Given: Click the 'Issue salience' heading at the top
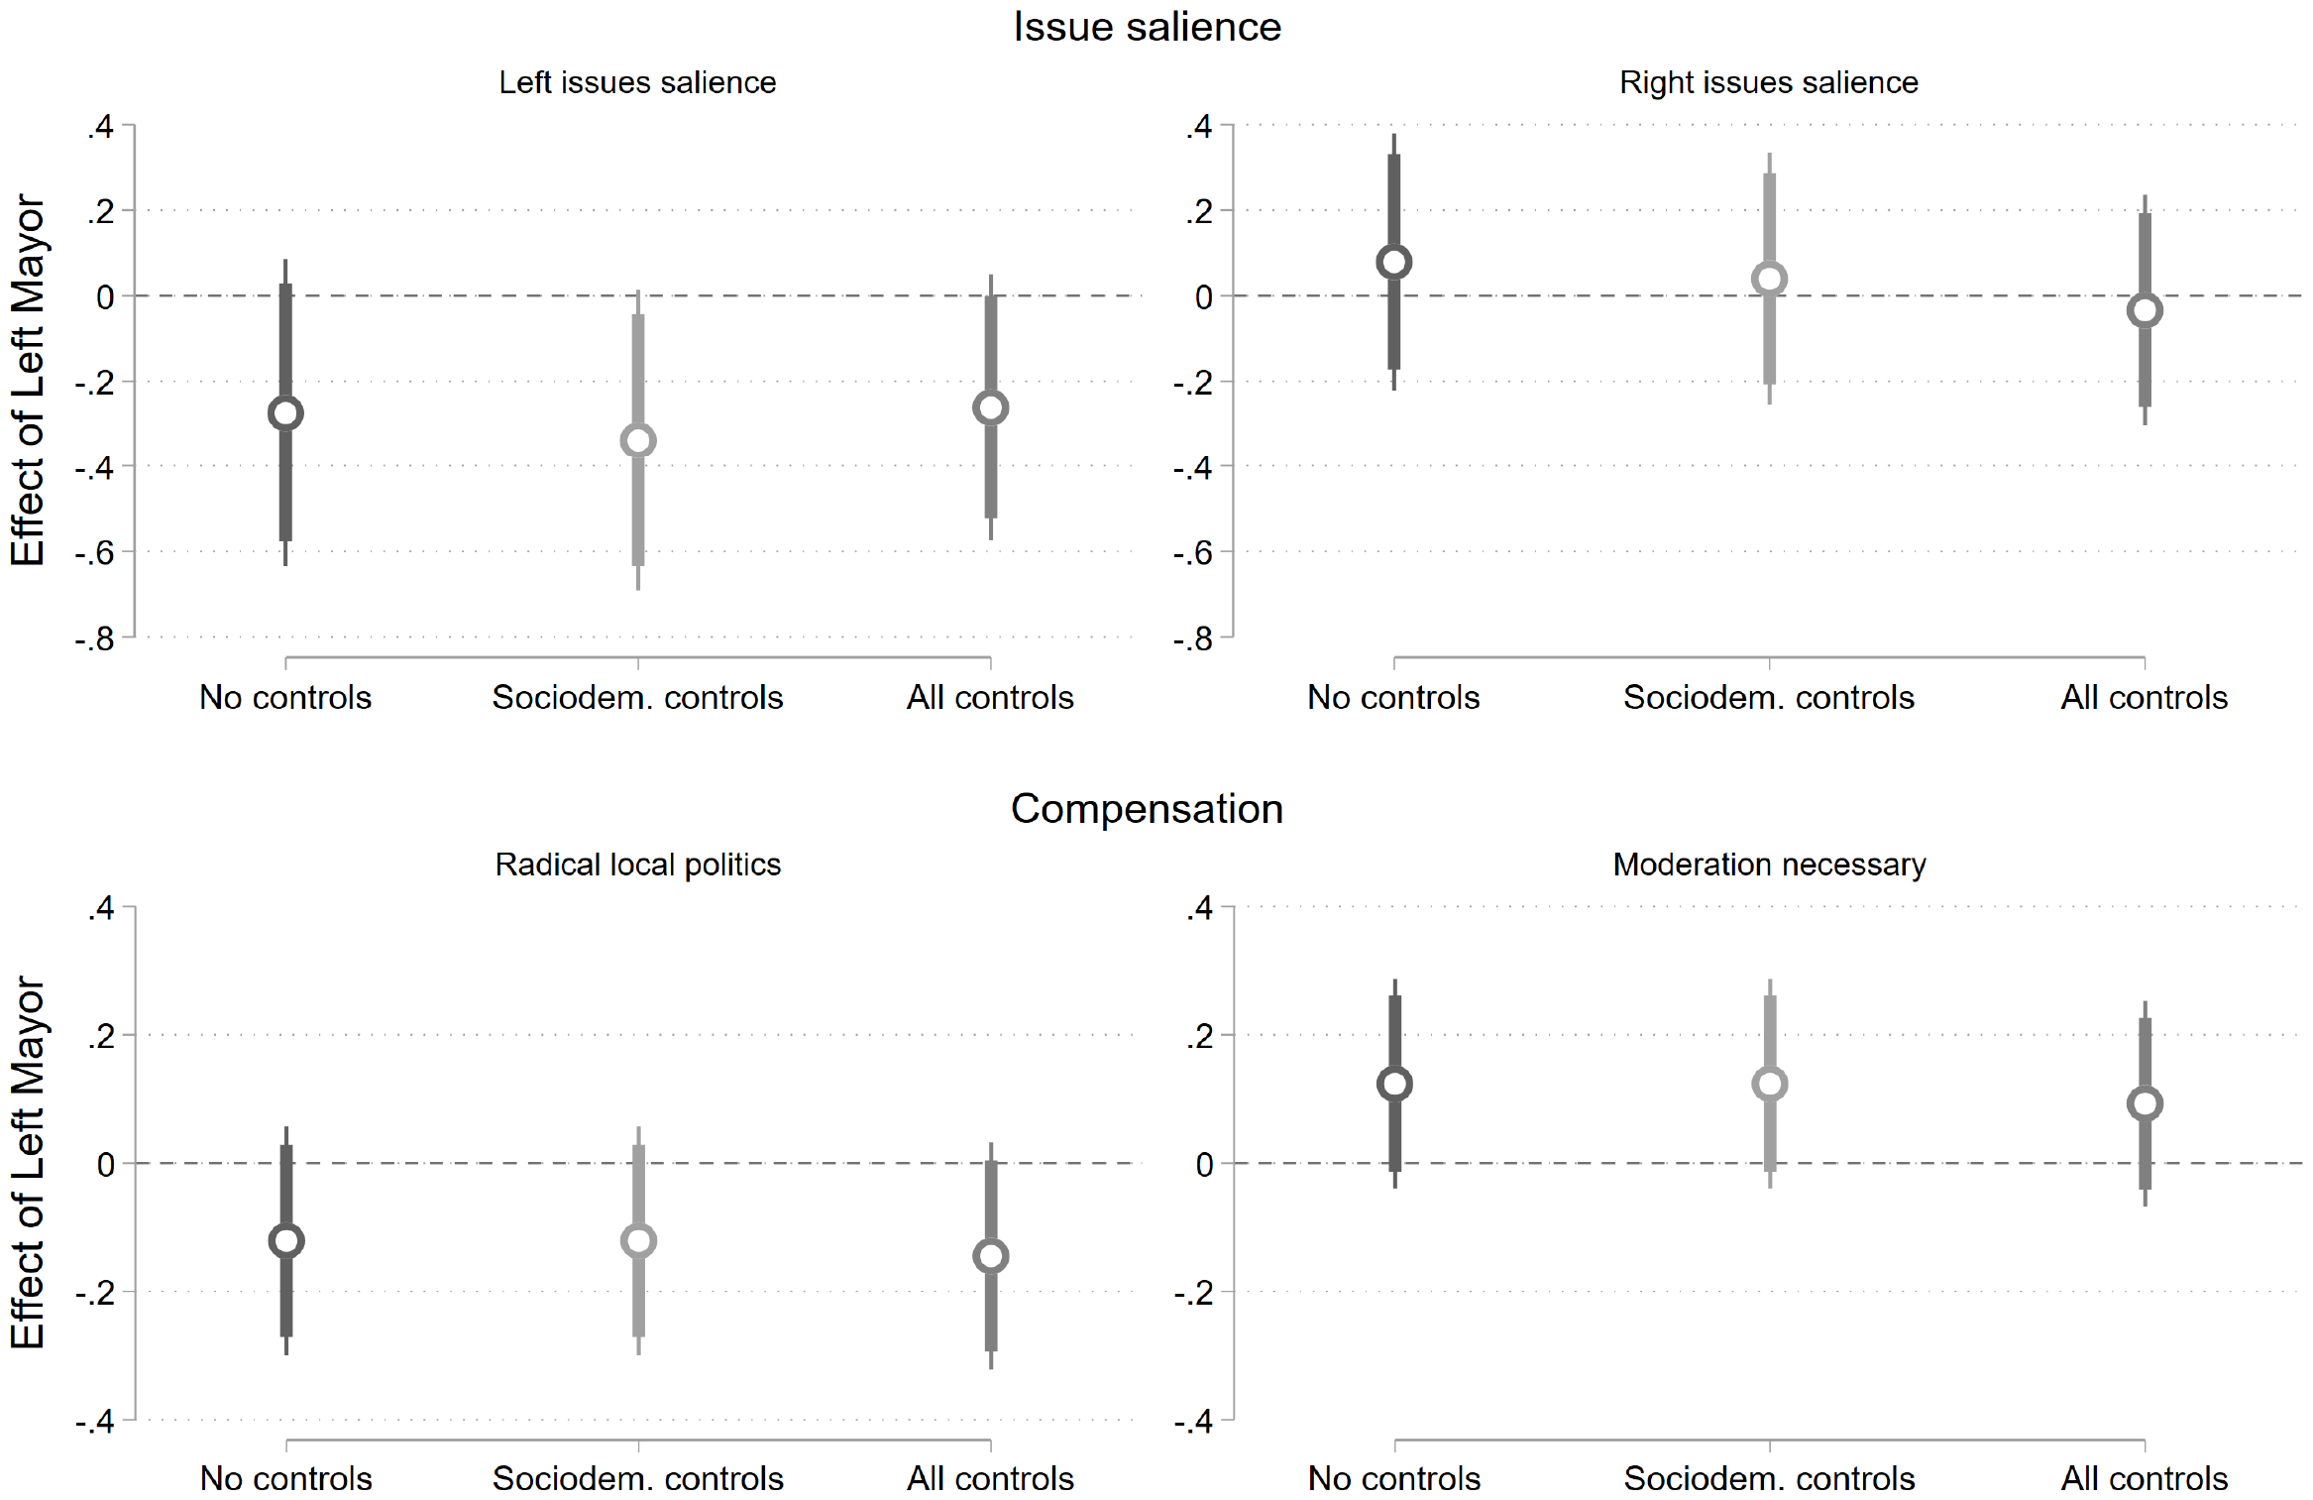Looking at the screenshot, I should pyautogui.click(x=1147, y=27).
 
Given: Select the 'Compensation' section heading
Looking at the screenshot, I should pyautogui.click(x=1147, y=809).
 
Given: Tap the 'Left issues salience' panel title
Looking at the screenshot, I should pyautogui.click(x=637, y=82).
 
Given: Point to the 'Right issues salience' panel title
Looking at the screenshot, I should pyautogui.click(x=1768, y=82).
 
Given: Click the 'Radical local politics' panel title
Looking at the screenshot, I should pyautogui.click(x=637, y=865).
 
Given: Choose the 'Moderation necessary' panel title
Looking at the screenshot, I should pyautogui.click(x=1769, y=865).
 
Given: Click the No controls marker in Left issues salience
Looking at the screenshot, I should pyautogui.click(x=285, y=413).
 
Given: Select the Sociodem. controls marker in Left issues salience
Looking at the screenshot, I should pyautogui.click(x=638, y=441).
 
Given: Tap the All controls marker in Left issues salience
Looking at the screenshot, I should pyautogui.click(x=990, y=407).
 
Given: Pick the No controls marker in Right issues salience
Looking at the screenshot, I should pyautogui.click(x=1393, y=263).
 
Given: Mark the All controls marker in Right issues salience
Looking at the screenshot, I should pyautogui.click(x=2145, y=310).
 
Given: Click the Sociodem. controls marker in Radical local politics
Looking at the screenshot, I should pyautogui.click(x=638, y=1240).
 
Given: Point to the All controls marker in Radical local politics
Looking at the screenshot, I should pyautogui.click(x=990, y=1256).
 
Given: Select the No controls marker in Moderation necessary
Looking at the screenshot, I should pyautogui.click(x=1394, y=1084).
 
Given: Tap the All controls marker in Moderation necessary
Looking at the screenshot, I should pyautogui.click(x=2145, y=1103).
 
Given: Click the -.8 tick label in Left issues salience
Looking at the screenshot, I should pyautogui.click(x=95, y=639).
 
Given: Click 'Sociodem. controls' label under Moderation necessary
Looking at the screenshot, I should pyautogui.click(x=1769, y=1478).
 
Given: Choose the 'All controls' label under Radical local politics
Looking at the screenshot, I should pyautogui.click(x=990, y=1478).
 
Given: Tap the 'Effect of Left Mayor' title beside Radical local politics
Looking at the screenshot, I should pyautogui.click(x=28, y=1163).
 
